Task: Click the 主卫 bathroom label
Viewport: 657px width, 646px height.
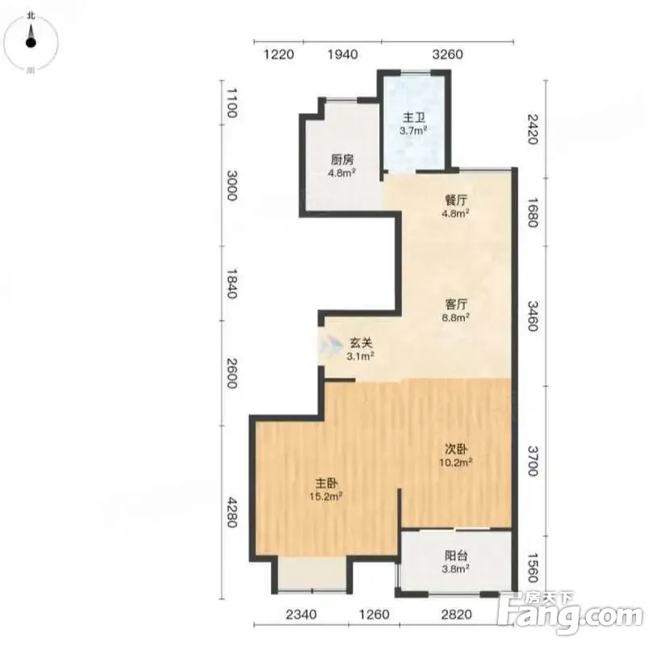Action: (x=413, y=117)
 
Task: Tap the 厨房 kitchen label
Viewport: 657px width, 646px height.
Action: (x=342, y=160)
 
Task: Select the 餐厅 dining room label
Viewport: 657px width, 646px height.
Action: (x=456, y=200)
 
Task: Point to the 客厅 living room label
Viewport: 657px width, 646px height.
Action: (x=456, y=304)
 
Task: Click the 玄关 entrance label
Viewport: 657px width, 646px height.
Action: (x=361, y=343)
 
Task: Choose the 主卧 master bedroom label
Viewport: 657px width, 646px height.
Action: (x=326, y=484)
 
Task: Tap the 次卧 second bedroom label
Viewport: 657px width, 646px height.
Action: (x=456, y=450)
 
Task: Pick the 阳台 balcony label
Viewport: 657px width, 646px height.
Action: (x=456, y=556)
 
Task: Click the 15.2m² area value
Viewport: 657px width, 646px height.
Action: (x=326, y=497)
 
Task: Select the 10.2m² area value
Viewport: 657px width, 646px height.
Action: (x=456, y=463)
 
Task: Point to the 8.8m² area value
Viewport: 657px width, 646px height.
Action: (x=456, y=317)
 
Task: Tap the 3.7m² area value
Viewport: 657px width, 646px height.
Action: (x=413, y=130)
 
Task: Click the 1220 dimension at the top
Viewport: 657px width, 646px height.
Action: (x=278, y=54)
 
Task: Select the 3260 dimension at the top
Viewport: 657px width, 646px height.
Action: (x=447, y=54)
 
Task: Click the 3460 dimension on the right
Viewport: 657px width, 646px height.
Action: (x=533, y=316)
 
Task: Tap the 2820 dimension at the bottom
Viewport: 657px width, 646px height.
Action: (x=456, y=615)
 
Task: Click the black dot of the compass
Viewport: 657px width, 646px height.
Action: (x=31, y=42)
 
